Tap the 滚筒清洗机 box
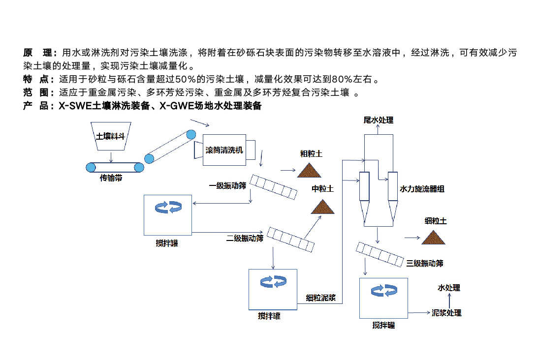pyautogui.click(x=224, y=150)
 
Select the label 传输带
pyautogui.click(x=111, y=179)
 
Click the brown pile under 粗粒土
pyautogui.click(x=309, y=170)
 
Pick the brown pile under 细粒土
pyautogui.click(x=434, y=238)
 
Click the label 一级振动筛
pyautogui.click(x=227, y=186)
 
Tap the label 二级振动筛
pyautogui.click(x=245, y=239)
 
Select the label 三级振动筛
pyautogui.click(x=425, y=263)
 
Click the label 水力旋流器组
pyautogui.click(x=422, y=189)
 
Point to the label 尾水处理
pyautogui.click(x=379, y=120)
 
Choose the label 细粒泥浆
pyautogui.click(x=321, y=297)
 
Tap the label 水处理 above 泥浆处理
pyautogui.click(x=449, y=288)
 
